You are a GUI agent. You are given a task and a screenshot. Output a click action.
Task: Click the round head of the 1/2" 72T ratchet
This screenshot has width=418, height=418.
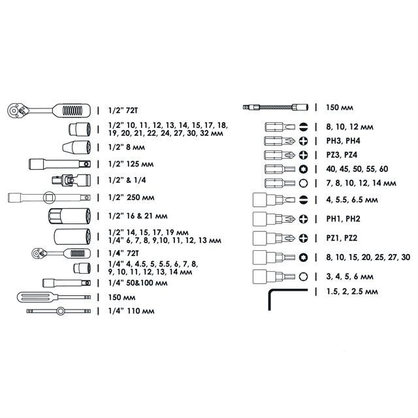coord(14,110)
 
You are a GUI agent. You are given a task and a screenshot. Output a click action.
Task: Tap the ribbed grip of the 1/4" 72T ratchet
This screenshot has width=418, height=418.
coord(77,253)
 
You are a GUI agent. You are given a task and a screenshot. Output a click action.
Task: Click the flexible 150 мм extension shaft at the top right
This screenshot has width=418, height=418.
coord(276,107)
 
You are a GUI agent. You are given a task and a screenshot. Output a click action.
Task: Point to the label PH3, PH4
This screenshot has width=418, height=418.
coord(343,141)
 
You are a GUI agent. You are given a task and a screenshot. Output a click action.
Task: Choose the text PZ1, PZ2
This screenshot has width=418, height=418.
coord(342,238)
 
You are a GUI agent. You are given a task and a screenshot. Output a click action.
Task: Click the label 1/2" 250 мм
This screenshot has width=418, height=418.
coord(131,197)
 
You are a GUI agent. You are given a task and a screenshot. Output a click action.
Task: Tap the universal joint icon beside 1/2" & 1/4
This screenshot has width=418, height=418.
coord(71,180)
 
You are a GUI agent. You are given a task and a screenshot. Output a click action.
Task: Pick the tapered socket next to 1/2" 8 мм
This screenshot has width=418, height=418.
coord(76,147)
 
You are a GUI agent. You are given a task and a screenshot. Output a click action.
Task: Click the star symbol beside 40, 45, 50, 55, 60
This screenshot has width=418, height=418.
coord(303,169)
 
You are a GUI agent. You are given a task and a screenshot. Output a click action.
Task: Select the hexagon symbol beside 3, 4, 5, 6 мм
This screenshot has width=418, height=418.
coord(303,276)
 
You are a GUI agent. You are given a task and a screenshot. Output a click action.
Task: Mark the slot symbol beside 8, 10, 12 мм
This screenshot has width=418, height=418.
coord(303,127)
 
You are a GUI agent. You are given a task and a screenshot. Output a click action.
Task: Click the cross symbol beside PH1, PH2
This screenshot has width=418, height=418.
coord(303,219)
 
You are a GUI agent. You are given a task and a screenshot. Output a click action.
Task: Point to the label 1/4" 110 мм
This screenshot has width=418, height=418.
coord(131,311)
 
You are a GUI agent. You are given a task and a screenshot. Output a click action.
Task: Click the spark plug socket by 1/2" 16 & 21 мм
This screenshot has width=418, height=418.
coord(70,216)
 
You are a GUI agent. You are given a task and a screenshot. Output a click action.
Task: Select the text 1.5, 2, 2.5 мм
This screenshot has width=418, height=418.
coord(352,291)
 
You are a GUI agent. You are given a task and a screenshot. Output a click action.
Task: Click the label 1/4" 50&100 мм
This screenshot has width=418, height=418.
coord(138,283)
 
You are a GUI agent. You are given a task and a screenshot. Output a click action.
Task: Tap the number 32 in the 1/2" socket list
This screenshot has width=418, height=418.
coord(204,133)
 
